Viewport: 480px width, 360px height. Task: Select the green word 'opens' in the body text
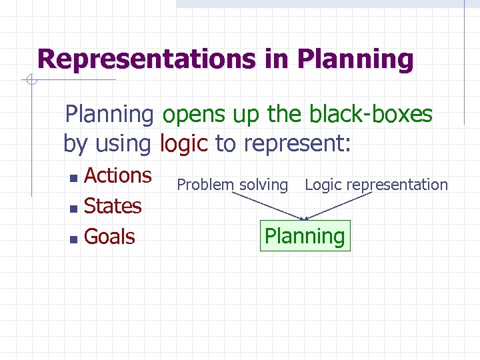194,115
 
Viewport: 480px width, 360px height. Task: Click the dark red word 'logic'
184,143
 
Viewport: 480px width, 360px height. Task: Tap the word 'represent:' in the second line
297,143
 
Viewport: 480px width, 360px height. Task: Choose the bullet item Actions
118,175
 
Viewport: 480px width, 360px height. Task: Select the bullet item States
113,206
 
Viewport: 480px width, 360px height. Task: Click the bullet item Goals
109,237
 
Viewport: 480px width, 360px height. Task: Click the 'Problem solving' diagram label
232,185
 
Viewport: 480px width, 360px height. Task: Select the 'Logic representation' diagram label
376,185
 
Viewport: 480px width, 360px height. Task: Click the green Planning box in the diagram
305,236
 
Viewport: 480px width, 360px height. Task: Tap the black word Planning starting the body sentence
109,115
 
